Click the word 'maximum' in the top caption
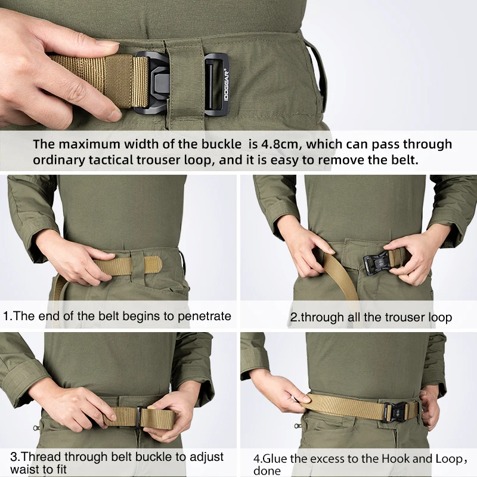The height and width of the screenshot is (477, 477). click(89, 144)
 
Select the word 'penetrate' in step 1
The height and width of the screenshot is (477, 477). click(205, 317)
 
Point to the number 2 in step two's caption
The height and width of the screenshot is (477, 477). click(293, 317)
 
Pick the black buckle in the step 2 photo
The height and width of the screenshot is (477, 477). click(377, 262)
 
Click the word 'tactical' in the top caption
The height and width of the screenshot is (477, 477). click(110, 160)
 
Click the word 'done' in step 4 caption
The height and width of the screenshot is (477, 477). click(267, 471)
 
